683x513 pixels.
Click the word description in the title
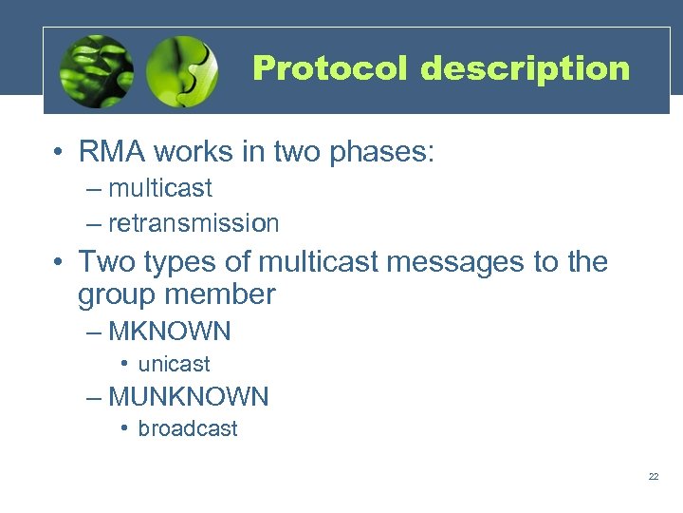tap(525, 69)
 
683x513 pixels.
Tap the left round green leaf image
tap(96, 70)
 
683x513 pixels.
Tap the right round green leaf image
tap(183, 70)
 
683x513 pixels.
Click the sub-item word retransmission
tap(194, 223)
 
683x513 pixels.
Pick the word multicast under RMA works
tap(160, 188)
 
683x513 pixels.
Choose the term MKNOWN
tap(170, 332)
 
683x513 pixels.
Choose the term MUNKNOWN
tap(189, 396)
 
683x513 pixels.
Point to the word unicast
tap(174, 364)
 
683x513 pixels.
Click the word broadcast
tap(188, 428)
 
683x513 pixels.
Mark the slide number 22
tap(654, 476)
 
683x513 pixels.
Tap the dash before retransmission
tap(92, 223)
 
